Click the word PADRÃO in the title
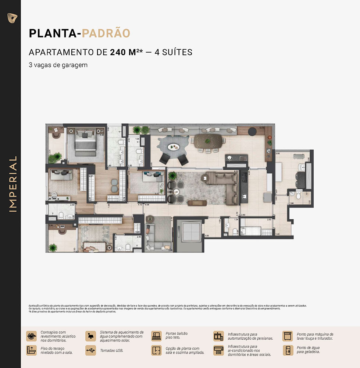pos(106,33)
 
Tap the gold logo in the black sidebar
pos(12,18)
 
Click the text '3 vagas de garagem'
pos(58,65)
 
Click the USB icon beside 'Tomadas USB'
pos(90,350)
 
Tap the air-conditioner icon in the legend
pos(218,350)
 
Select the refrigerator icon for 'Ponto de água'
pos(288,350)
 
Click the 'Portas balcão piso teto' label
pos(177,336)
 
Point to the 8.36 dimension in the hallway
pos(147,204)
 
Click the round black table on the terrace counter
pos(252,131)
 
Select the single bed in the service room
pos(256,231)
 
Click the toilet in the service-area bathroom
pos(299,196)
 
